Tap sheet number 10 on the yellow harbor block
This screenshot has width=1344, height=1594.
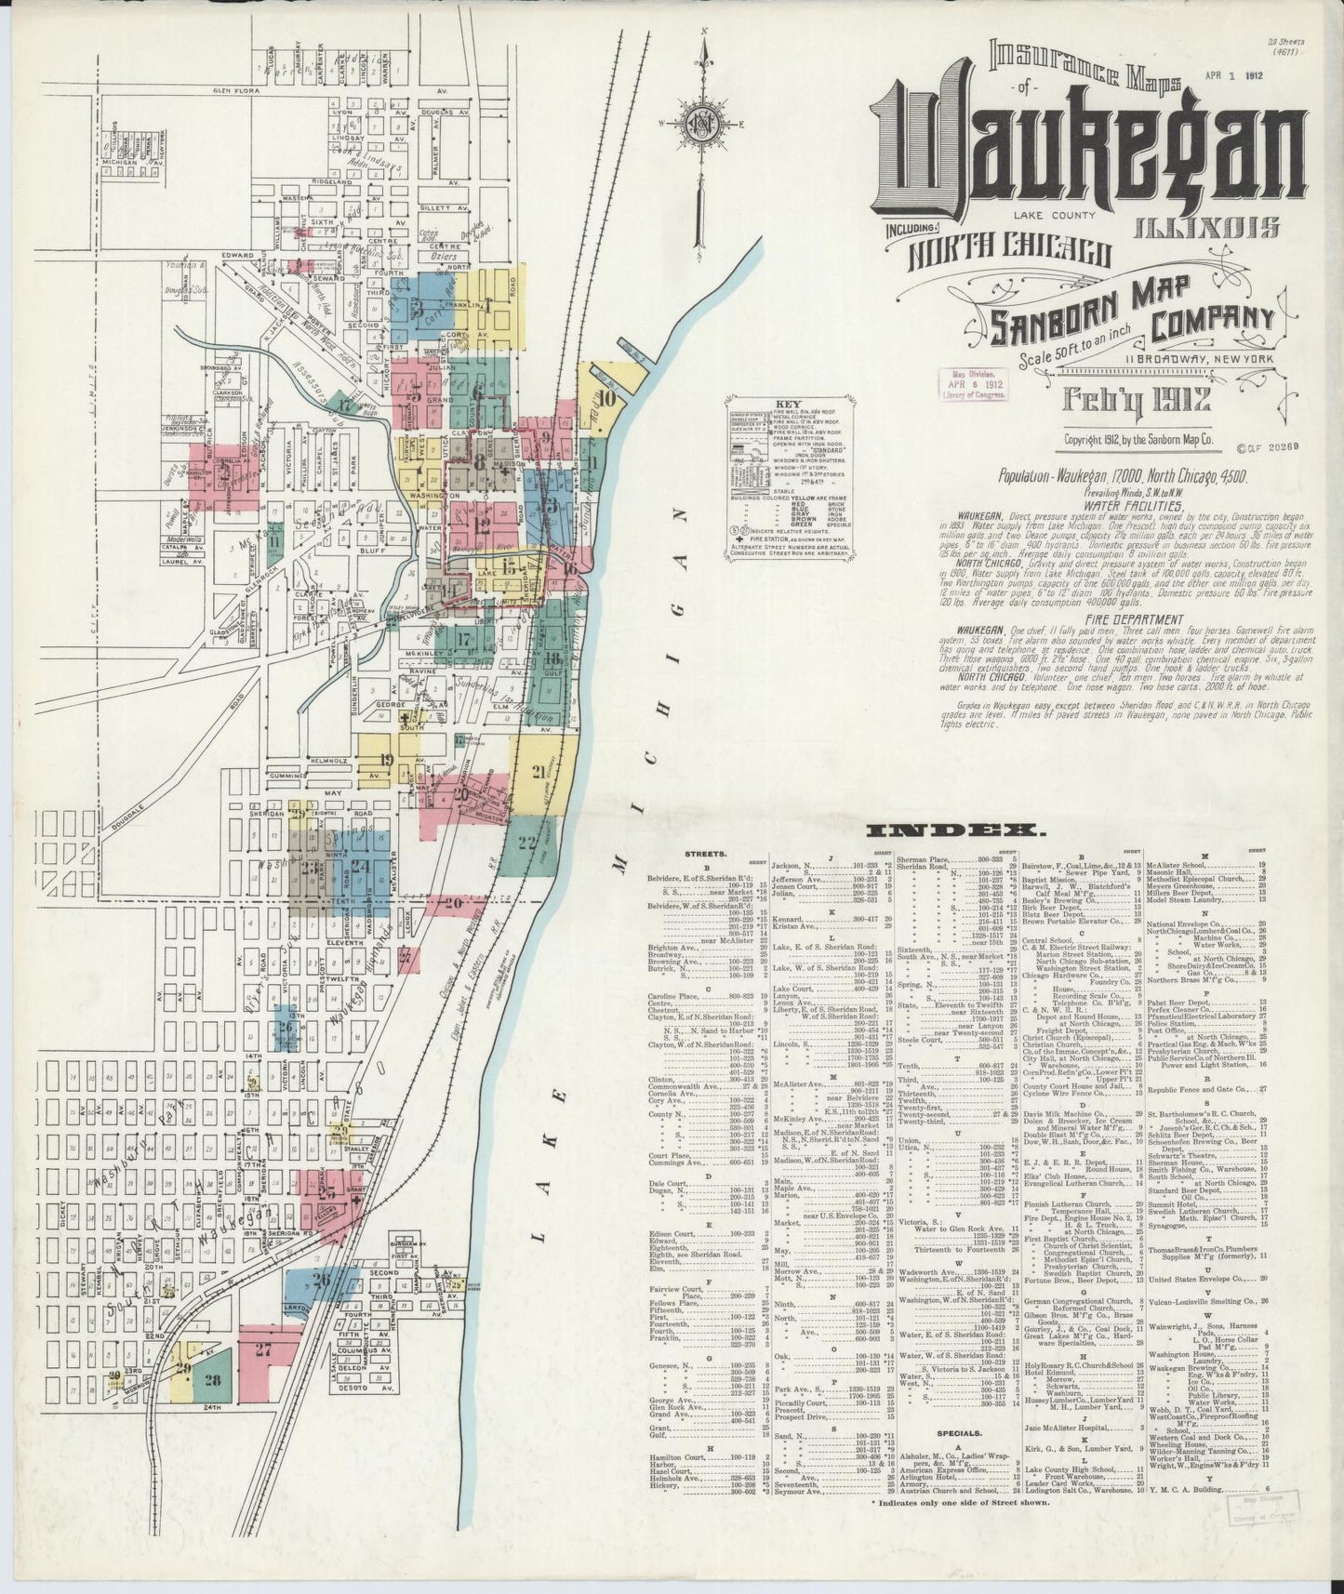(607, 400)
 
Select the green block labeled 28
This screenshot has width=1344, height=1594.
(213, 1405)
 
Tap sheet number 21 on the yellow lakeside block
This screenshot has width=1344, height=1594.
(539, 770)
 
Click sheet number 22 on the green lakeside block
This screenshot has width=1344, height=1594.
(528, 843)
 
